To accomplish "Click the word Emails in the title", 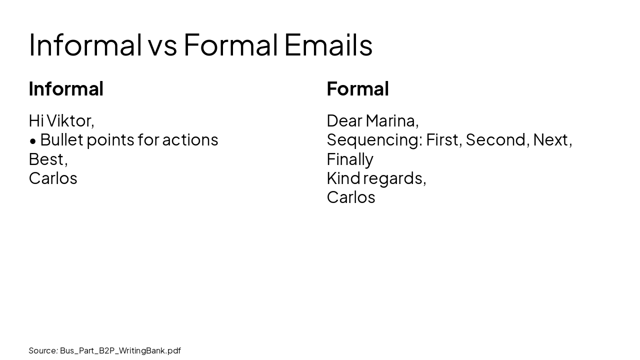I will pos(328,45).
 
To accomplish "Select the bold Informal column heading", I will pos(66,89).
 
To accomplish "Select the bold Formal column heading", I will pos(357,89).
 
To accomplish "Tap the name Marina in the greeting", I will pos(391,121).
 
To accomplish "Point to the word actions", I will pos(190,140).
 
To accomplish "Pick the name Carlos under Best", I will pos(53,178).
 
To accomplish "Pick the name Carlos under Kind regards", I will pos(351,197).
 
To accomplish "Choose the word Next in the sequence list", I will pos(551,140).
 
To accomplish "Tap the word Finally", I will pos(350,159).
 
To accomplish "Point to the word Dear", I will pos(344,121).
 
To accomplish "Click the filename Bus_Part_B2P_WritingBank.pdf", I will pos(120,350).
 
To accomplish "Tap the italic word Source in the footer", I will pos(42,350).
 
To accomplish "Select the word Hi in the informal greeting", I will pos(35,121).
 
